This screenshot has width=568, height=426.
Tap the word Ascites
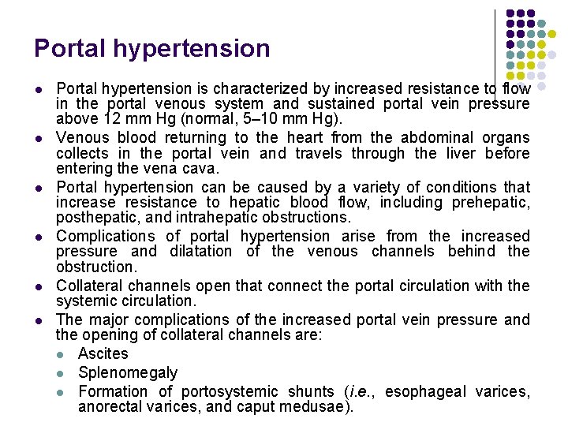[x=103, y=354]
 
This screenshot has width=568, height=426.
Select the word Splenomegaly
[x=128, y=372]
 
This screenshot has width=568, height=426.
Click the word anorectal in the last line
[x=109, y=407]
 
